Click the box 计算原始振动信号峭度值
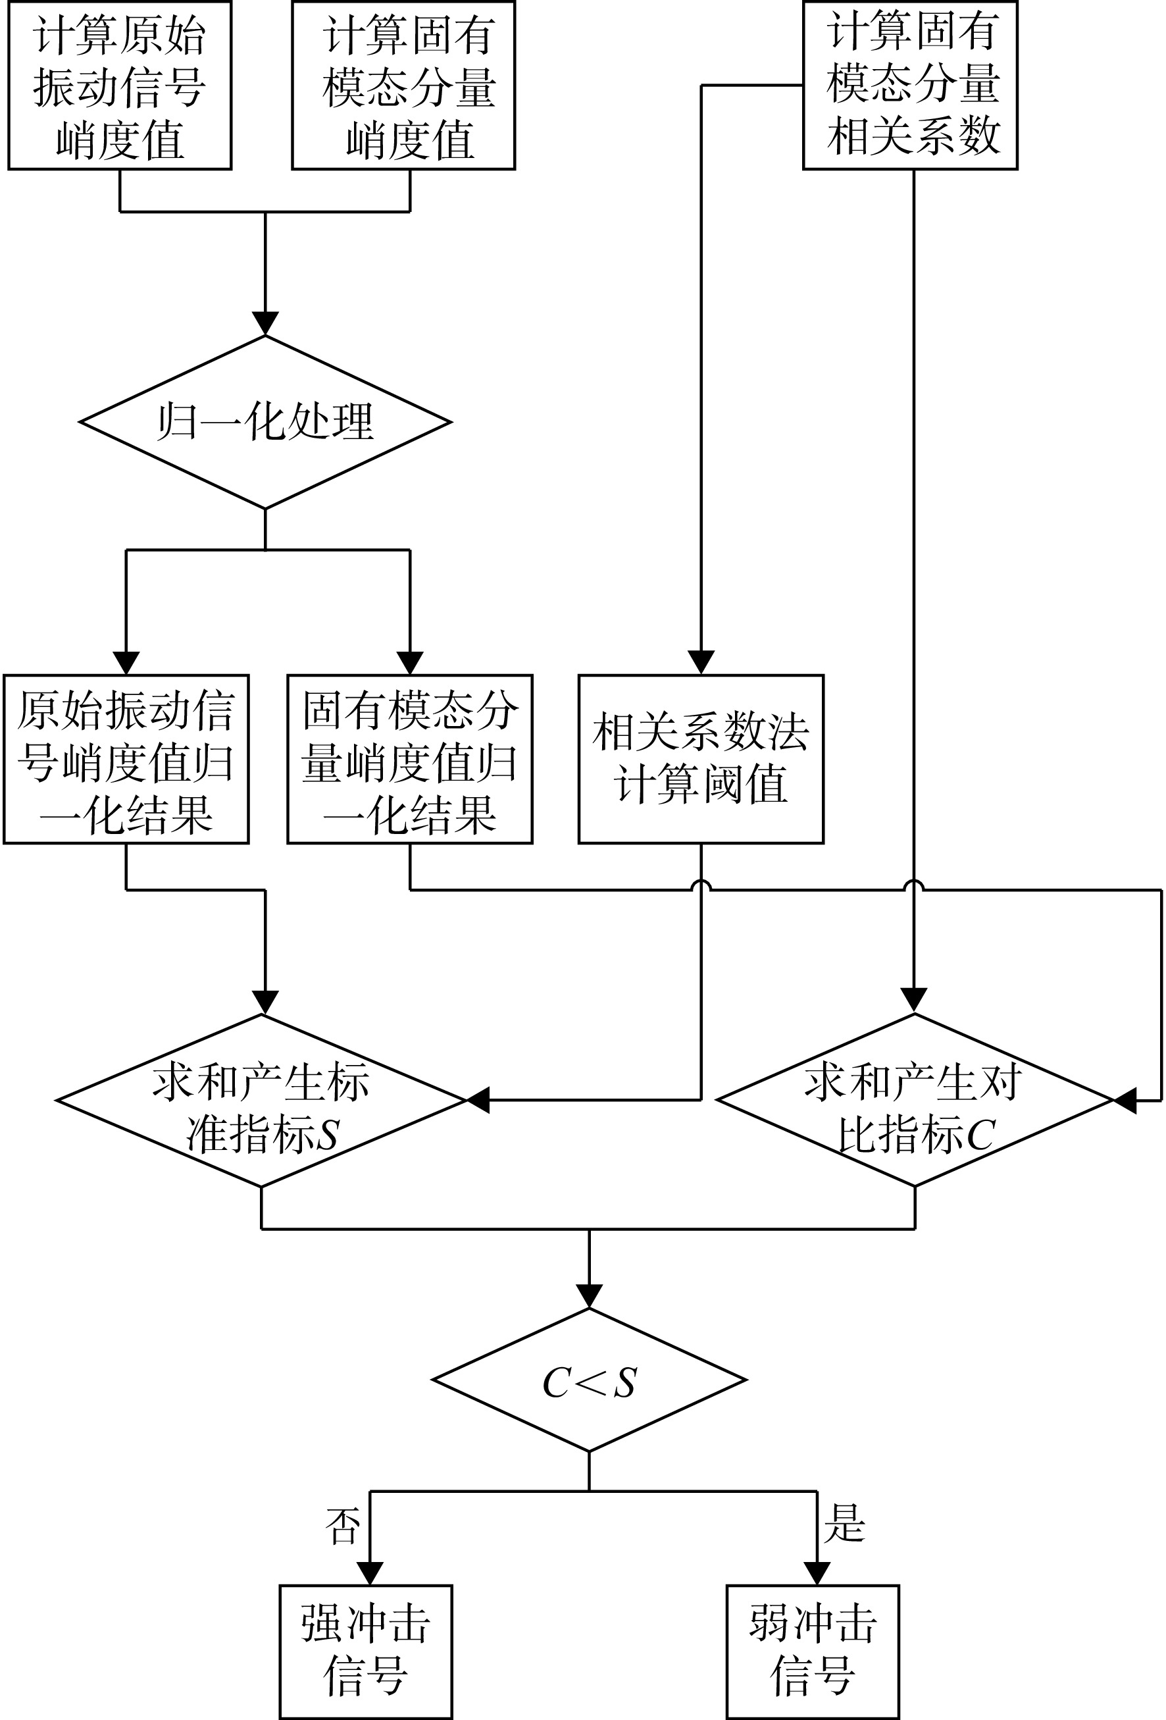pos(120,85)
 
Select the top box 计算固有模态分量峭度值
pos(403,85)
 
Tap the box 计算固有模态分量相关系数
pos(910,85)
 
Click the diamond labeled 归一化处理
pos(265,422)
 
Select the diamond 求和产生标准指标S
pos(262,1101)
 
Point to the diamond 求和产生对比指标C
pos(915,1101)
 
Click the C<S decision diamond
pos(589,1380)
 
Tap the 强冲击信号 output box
pos(365,1652)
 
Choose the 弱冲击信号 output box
pos(813,1652)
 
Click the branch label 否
pos(343,1526)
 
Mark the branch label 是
pos(844,1523)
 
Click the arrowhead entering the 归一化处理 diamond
pos(265,323)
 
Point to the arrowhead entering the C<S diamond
pos(589,1297)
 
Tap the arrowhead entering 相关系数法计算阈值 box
pos(701,662)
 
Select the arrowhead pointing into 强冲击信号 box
pos(370,1573)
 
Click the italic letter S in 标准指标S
pos(326,1135)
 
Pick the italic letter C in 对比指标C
pos(980,1135)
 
